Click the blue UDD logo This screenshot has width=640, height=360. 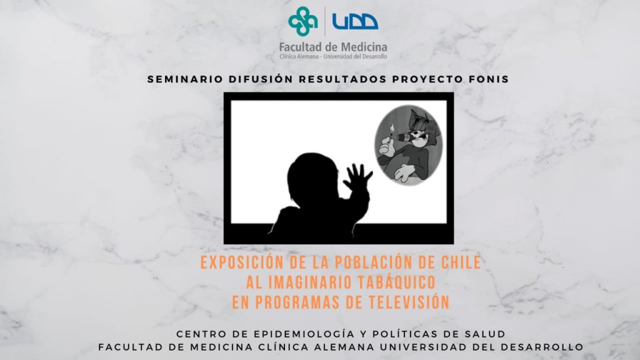tap(355, 22)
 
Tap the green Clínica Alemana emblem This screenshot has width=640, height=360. tap(303, 21)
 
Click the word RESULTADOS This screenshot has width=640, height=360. tap(342, 79)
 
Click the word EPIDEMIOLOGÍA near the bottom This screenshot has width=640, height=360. tap(304, 334)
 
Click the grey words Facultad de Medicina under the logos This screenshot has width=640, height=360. tap(333, 47)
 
